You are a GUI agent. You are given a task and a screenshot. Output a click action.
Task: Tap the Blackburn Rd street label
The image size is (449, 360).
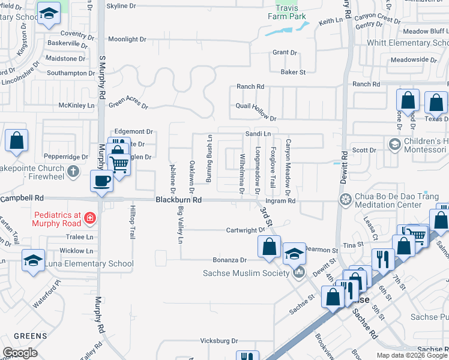click(179, 200)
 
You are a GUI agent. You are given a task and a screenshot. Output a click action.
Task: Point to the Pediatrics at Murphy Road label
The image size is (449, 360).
click(57, 219)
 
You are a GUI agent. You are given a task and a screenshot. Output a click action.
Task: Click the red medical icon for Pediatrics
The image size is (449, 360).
click(89, 218)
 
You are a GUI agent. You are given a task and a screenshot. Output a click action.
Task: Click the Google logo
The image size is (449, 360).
click(20, 353)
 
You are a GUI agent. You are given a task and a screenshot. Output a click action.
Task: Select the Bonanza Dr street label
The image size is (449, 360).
click(229, 260)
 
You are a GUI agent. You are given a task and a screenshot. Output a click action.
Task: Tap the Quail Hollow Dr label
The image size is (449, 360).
click(256, 119)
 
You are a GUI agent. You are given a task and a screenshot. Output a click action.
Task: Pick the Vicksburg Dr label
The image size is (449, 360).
click(218, 340)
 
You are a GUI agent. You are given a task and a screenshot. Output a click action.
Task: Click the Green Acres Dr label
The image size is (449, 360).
click(128, 102)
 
